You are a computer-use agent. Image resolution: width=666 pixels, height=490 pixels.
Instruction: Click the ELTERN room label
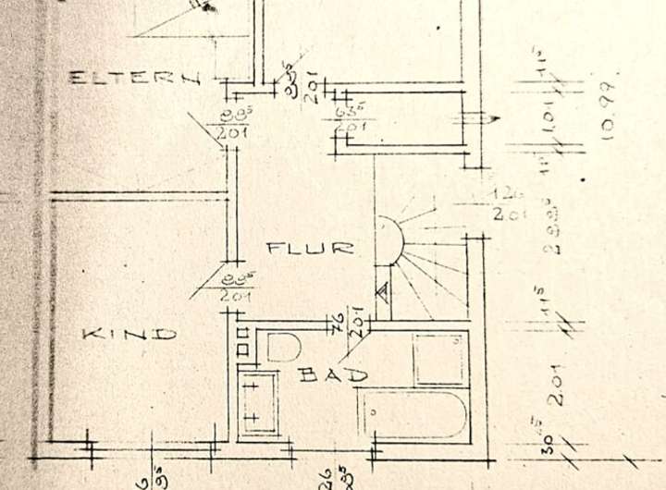coord(135,80)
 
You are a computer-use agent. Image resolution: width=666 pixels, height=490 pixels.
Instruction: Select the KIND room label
coord(129,334)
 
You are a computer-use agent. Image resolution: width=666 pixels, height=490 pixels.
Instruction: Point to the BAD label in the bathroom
coord(333,375)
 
